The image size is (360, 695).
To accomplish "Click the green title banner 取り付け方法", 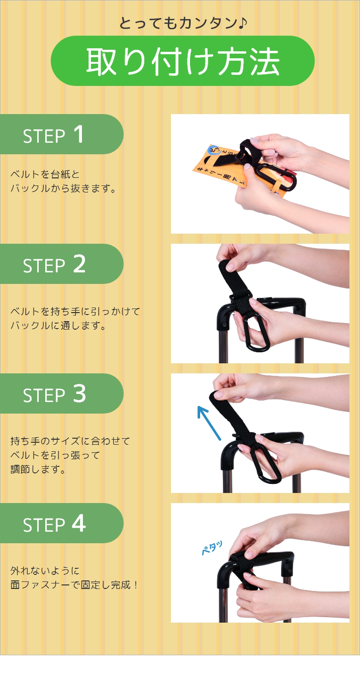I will [x=183, y=61].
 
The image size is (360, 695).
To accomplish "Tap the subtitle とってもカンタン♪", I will [x=183, y=23].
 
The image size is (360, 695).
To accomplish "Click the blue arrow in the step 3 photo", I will [x=208, y=422].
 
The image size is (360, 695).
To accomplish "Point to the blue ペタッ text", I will [x=212, y=547].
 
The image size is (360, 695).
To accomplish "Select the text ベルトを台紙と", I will [x=45, y=174].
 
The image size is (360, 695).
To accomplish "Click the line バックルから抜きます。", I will [x=64, y=189].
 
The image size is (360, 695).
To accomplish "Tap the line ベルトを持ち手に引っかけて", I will [x=75, y=312].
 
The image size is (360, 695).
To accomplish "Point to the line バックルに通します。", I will [x=58, y=326].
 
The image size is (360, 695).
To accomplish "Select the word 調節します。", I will [x=38, y=469].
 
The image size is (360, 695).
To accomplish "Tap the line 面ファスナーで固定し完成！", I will [x=74, y=585].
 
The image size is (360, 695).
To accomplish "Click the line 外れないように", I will [x=45, y=571].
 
